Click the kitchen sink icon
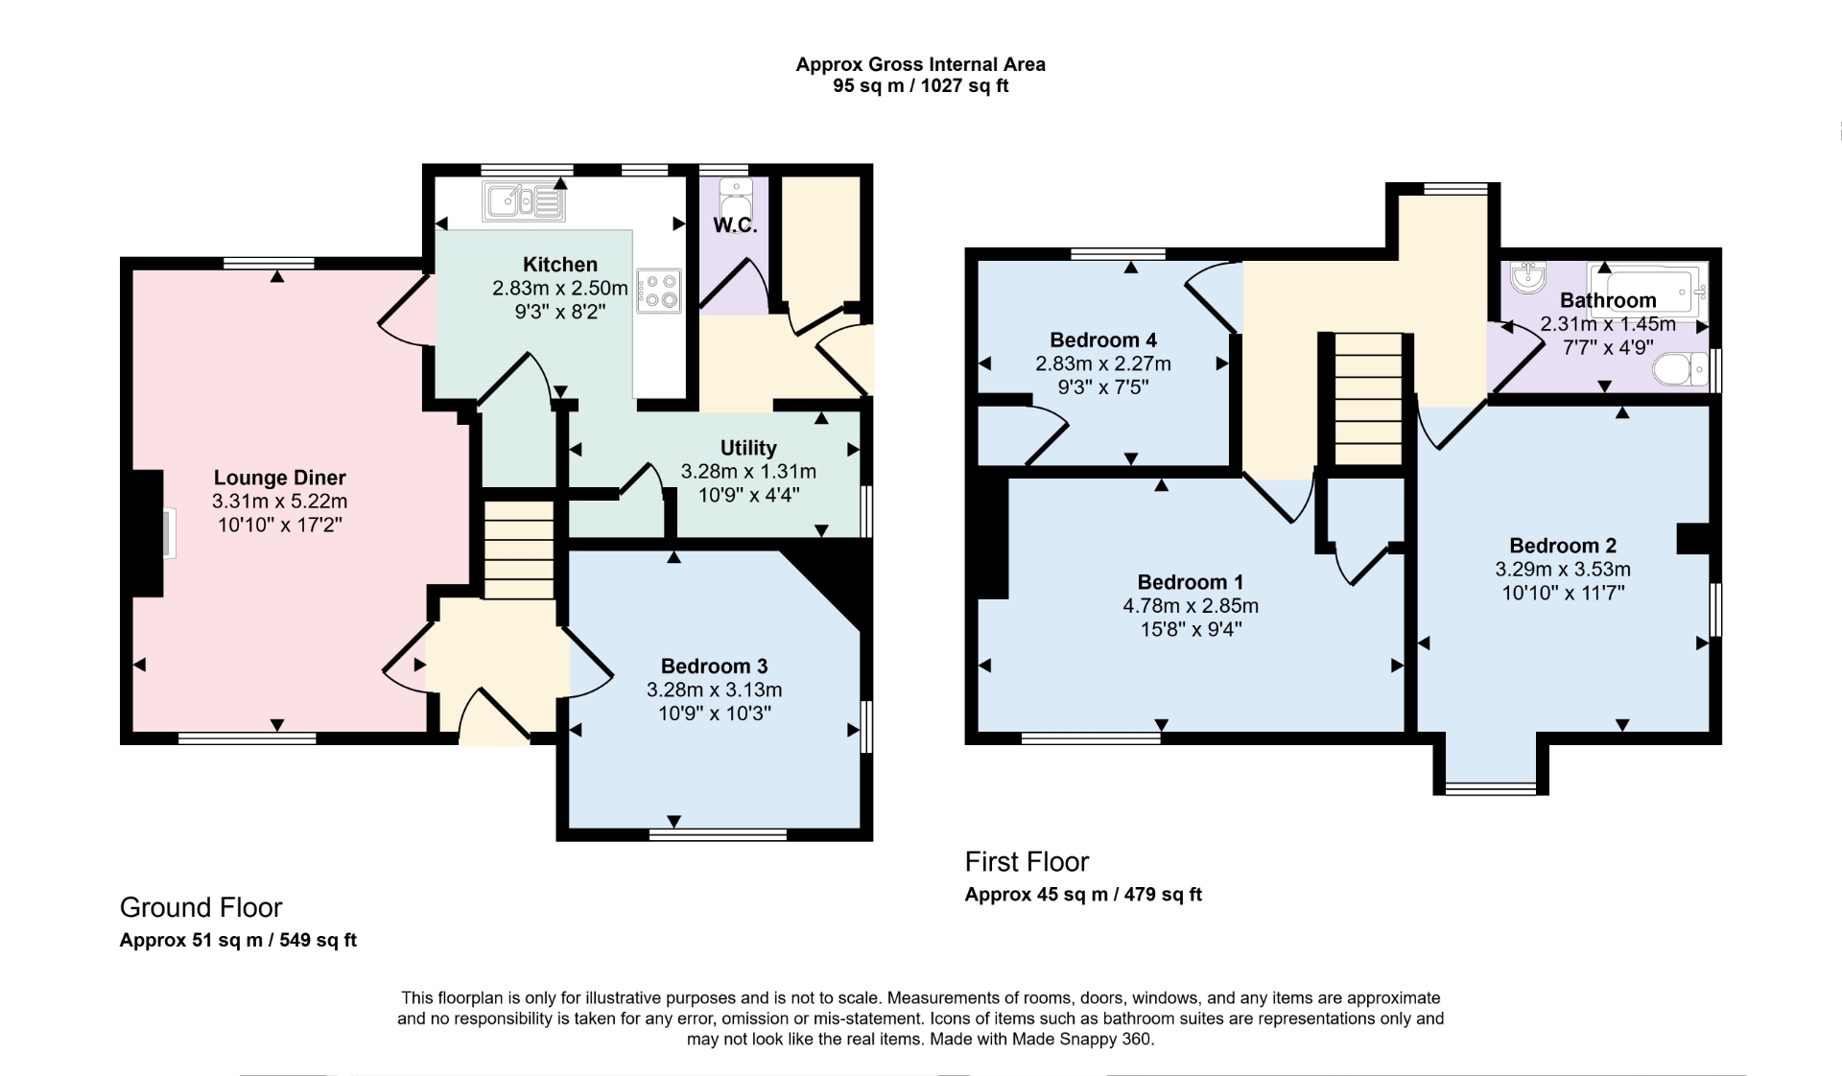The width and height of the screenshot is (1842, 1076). click(x=525, y=202)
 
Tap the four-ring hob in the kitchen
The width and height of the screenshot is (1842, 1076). click(x=659, y=291)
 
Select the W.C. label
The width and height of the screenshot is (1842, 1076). click(x=735, y=226)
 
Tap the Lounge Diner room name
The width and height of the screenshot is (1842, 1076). click(x=279, y=478)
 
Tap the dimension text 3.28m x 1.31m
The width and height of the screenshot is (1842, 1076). click(x=748, y=471)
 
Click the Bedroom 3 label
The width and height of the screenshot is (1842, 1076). click(x=714, y=666)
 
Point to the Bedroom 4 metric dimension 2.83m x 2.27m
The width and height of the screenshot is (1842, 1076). click(x=1103, y=363)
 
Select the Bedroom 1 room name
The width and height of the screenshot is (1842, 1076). click(x=1190, y=582)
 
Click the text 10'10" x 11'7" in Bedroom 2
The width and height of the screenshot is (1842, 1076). click(x=1563, y=593)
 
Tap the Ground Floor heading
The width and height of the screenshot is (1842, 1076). click(x=201, y=907)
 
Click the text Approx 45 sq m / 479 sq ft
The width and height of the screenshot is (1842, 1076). click(x=1082, y=895)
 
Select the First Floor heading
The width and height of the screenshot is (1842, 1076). click(x=1027, y=861)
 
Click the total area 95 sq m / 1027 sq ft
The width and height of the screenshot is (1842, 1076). click(x=920, y=86)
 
